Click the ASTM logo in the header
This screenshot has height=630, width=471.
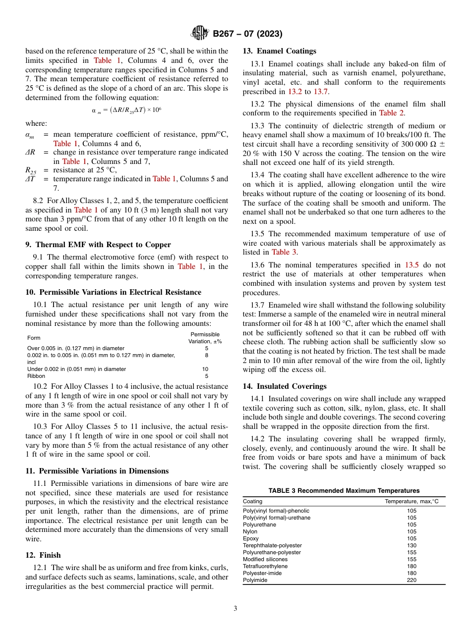(x=200, y=34)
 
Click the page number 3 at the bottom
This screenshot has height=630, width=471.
(x=235, y=608)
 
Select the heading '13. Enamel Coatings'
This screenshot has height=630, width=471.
(x=279, y=51)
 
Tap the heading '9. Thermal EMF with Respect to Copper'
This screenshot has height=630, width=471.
(x=98, y=244)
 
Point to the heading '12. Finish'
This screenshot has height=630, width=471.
(x=43, y=555)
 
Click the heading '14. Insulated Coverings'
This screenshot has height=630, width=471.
(x=285, y=386)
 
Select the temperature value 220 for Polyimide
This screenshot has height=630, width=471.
(x=412, y=580)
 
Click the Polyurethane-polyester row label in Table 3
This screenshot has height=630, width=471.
(x=272, y=552)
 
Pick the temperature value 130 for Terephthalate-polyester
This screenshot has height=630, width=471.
(x=412, y=545)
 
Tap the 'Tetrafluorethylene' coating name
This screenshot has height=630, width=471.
(x=265, y=566)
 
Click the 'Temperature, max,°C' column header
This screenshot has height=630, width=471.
(x=412, y=501)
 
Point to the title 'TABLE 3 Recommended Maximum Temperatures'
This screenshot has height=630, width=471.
(x=344, y=490)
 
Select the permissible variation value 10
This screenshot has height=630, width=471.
(x=205, y=369)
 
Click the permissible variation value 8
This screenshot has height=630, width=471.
(x=206, y=355)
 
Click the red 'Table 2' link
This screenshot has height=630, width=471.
(x=392, y=112)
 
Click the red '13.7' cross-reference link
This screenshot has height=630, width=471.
(x=321, y=92)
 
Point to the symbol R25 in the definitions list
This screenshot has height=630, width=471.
(x=31, y=170)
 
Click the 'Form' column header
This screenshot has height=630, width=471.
(x=34, y=338)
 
